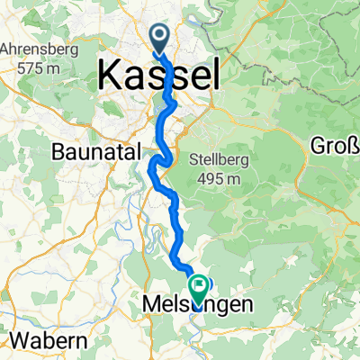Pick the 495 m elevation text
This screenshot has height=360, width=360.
[218, 179]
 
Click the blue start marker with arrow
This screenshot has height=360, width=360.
[160, 38]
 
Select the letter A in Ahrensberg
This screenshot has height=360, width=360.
[8, 48]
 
